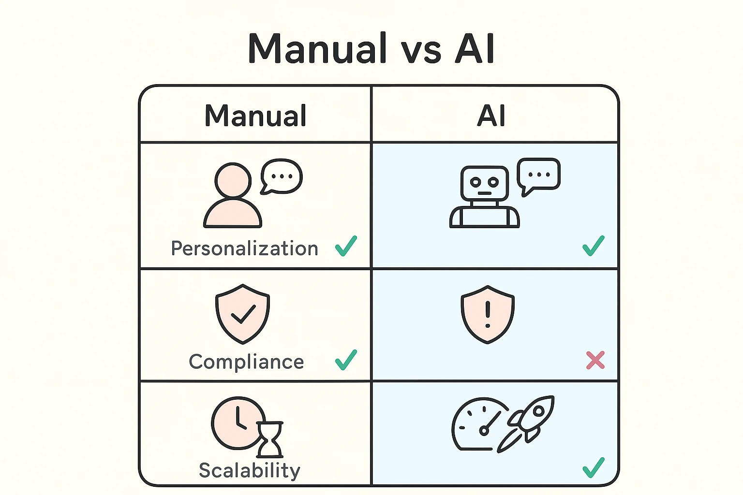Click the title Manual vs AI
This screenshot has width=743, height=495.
371,48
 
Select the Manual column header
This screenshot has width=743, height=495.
255,116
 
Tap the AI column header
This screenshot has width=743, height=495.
491,116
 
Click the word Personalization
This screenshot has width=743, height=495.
245,248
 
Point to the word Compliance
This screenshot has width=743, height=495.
246,362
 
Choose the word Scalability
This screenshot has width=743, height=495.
250,470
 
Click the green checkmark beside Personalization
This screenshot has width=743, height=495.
346,246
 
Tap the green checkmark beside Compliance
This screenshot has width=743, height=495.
346,360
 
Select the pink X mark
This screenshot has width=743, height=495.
595,360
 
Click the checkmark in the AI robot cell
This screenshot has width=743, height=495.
593,246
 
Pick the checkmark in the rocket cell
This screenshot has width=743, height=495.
593,467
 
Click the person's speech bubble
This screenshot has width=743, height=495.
282,176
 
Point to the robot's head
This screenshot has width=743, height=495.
484,183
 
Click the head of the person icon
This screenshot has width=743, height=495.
233,180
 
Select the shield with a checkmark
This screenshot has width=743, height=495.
242,313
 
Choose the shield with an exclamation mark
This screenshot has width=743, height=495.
488,314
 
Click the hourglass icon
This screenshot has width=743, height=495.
269,439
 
